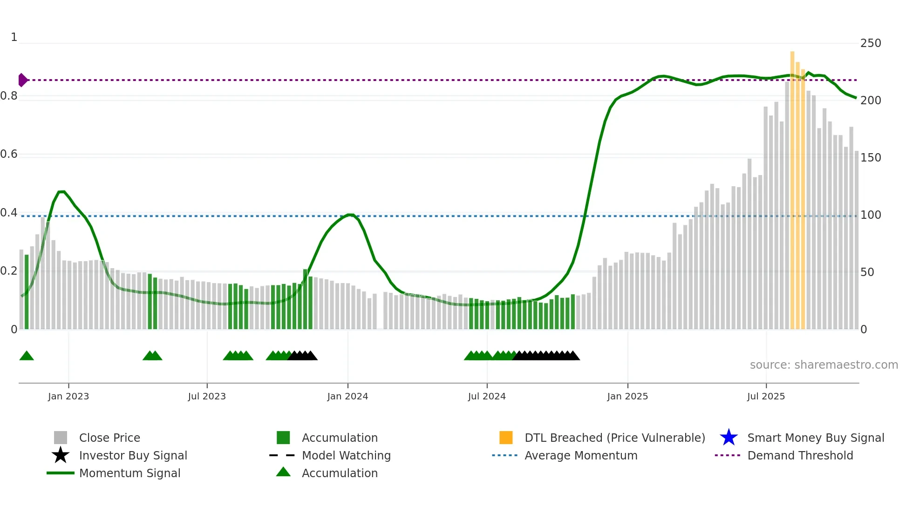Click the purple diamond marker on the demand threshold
point(22,80)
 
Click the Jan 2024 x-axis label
point(347,396)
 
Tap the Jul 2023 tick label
point(207,396)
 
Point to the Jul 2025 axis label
point(766,396)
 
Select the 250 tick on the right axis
point(870,43)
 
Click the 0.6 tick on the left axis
point(9,154)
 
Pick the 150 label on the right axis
point(870,158)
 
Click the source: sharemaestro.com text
point(824,365)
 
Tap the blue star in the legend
point(729,438)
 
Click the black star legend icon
point(61,455)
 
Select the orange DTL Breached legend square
point(506,438)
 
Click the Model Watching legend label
point(346,455)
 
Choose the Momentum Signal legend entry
point(129,473)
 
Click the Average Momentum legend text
point(581,455)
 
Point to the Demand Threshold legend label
point(800,455)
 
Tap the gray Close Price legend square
point(61,438)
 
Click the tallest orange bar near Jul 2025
point(792,186)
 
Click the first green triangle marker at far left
point(27,356)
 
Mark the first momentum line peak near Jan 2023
point(61,191)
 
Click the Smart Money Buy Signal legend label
point(816,438)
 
